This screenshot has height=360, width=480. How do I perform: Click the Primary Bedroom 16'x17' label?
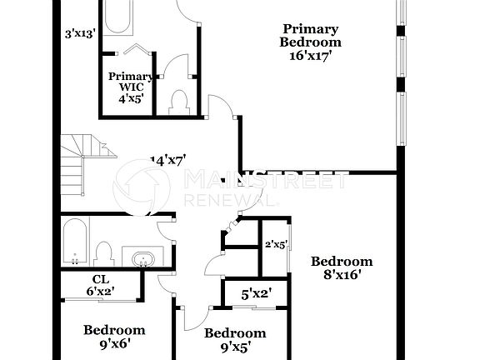tap(310, 42)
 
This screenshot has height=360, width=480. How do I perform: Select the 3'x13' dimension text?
tap(81, 34)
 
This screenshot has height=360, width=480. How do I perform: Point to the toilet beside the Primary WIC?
tap(177, 102)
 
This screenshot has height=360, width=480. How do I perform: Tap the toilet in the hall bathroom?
tap(104, 252)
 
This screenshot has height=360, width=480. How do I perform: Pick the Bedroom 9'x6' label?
tap(113, 335)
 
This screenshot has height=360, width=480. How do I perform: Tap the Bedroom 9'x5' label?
tap(235, 339)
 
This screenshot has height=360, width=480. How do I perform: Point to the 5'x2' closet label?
tap(257, 293)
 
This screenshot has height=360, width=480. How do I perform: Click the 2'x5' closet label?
tap(276, 245)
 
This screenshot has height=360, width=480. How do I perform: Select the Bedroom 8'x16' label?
tap(342, 267)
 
